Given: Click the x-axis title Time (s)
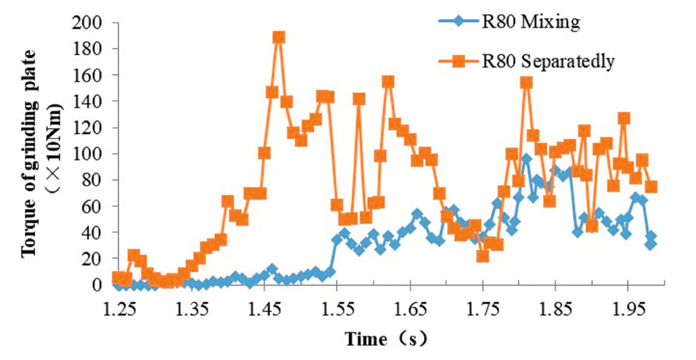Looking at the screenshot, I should (x=386, y=339).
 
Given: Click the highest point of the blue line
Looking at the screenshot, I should (x=526, y=159).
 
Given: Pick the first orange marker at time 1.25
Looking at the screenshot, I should (x=118, y=278).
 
